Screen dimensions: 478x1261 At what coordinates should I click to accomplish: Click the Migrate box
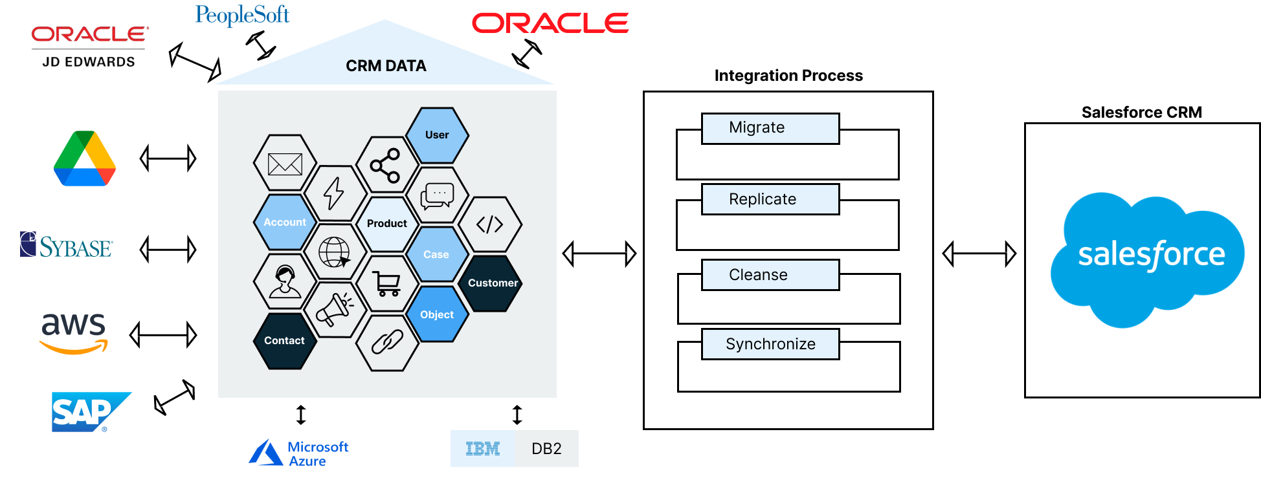[770, 128]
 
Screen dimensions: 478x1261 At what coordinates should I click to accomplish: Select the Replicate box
[770, 199]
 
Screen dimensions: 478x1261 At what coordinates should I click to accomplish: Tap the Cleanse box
[770, 275]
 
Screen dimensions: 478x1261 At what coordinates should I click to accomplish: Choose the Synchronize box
[770, 344]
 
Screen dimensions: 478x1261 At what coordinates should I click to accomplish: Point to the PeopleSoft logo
[242, 14]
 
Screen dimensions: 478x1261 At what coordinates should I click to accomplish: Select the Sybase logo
[67, 245]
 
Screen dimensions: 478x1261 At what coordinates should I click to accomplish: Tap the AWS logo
[74, 332]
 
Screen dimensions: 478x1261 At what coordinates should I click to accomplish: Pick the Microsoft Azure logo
[299, 453]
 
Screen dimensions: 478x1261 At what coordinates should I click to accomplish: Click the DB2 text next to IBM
[546, 449]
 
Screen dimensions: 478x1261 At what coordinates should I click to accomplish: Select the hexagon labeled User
[437, 135]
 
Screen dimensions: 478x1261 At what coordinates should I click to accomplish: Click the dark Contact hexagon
[284, 341]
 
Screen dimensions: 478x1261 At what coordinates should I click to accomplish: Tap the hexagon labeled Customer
[493, 283]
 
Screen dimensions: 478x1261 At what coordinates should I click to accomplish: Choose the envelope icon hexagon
[285, 164]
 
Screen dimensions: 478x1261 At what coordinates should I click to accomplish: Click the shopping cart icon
[386, 283]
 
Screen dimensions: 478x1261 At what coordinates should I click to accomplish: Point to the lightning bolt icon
[334, 193]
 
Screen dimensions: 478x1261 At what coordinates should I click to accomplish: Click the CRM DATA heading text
[386, 66]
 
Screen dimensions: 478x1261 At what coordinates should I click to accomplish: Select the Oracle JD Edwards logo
[89, 47]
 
